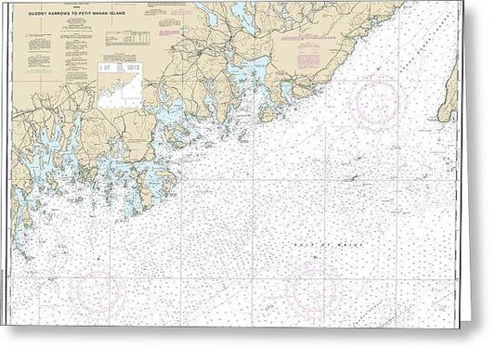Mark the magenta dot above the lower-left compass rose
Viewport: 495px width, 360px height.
coord(96,266)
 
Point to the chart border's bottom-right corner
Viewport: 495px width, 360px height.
coord(457,326)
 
